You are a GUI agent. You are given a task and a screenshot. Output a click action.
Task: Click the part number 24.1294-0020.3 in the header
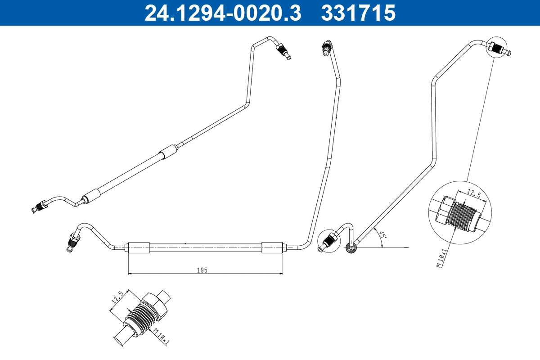[x=222, y=13]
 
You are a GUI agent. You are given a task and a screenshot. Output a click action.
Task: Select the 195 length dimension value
[x=202, y=270]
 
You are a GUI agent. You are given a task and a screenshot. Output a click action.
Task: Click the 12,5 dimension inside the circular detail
[x=473, y=193]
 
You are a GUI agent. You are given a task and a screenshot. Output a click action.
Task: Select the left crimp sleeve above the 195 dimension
[x=139, y=247]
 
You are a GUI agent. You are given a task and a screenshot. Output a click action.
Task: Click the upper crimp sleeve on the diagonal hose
[x=169, y=151]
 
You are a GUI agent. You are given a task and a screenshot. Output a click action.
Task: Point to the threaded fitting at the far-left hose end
[x=39, y=207]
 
